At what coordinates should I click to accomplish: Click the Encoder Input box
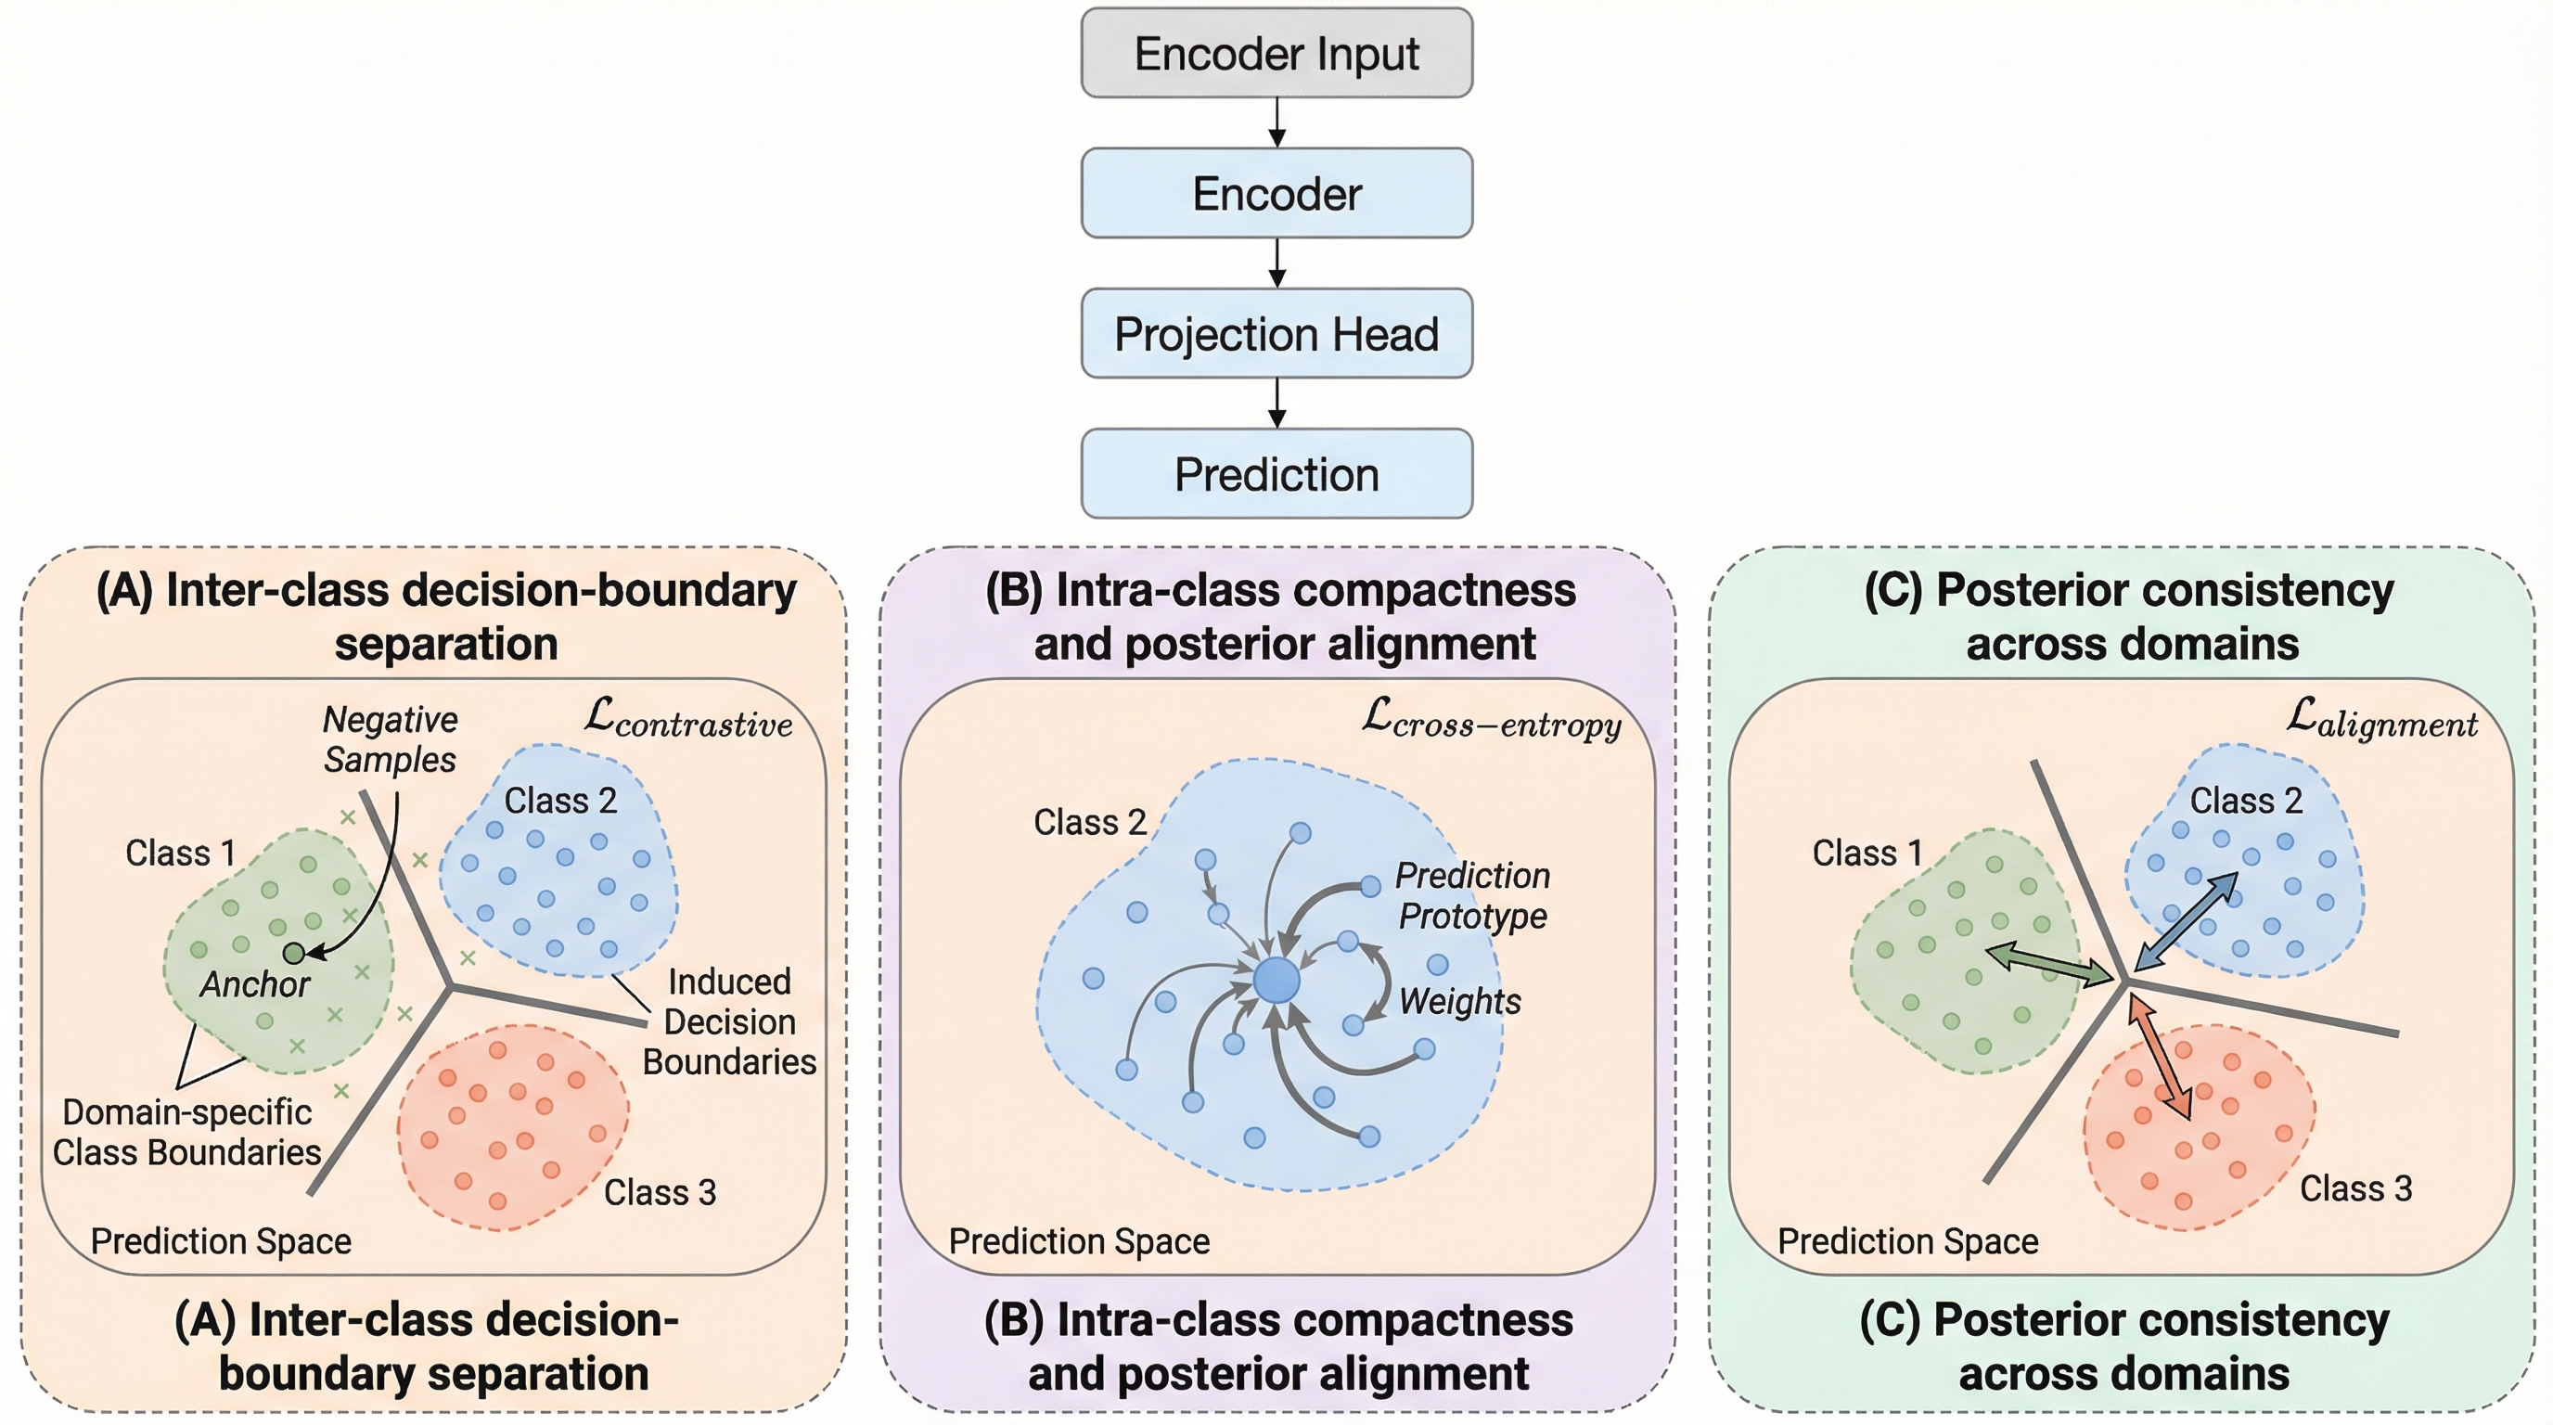pos(1276,54)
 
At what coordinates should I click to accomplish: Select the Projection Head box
pos(1276,334)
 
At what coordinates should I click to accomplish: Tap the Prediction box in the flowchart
pos(1276,474)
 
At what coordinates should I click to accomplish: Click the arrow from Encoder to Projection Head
pos(1277,263)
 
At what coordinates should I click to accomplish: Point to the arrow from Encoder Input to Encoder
pos(1277,122)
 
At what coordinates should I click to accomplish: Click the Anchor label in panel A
pos(255,984)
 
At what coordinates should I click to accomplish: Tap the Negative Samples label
pos(391,739)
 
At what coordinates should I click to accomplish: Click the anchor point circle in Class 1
pos(294,954)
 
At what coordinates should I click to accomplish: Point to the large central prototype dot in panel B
pos(1276,981)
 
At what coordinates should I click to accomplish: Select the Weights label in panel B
pos(1460,1001)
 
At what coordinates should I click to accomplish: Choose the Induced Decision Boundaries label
pos(729,1021)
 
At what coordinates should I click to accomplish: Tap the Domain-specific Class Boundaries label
pos(187,1133)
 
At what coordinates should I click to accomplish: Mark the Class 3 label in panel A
pos(661,1192)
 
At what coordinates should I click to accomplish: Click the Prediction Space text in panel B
pos(1079,1241)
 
